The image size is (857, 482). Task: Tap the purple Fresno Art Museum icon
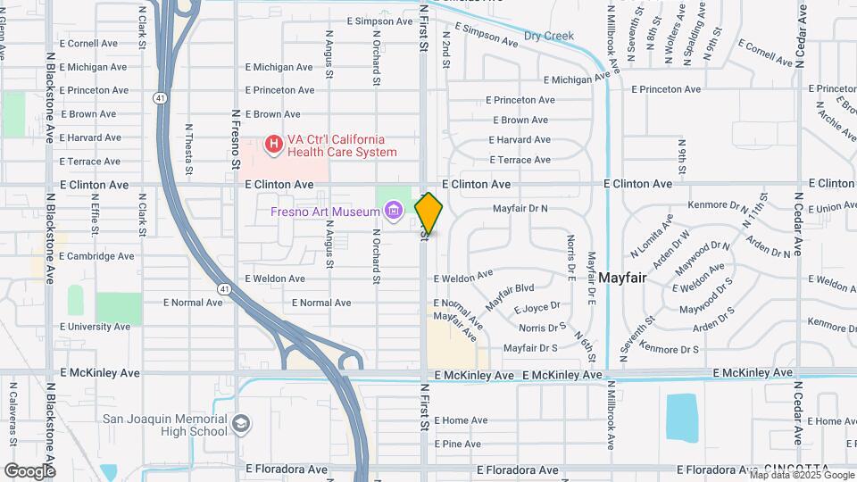point(393,212)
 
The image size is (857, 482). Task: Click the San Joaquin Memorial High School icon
point(239,423)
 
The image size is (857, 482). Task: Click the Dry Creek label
point(548,37)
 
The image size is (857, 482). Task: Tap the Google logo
point(29,470)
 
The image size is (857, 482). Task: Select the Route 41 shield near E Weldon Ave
point(223,288)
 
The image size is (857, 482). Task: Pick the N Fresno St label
point(237,139)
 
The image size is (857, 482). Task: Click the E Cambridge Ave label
point(96,255)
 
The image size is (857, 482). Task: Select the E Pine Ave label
point(457,444)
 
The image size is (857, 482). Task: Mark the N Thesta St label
point(189,148)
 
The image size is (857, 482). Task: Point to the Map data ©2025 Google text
point(801,476)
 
